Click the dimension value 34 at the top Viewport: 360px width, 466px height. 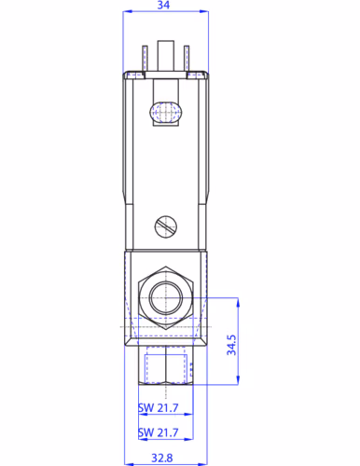pyautogui.click(x=164, y=7)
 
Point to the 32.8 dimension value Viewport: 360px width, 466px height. pyautogui.click(x=164, y=457)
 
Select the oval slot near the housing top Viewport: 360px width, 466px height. pyautogui.click(x=165, y=113)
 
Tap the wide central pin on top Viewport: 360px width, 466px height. pyautogui.click(x=166, y=57)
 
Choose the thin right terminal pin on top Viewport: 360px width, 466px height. pyautogui.click(x=187, y=59)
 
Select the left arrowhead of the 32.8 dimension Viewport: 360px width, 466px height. pyautogui.click(x=128, y=445)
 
